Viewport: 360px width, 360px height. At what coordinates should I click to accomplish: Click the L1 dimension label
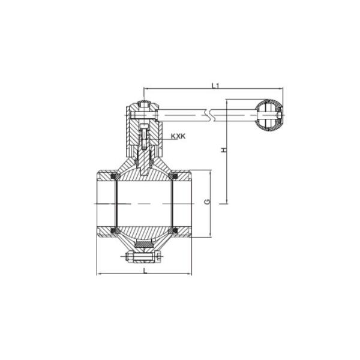tap(215, 86)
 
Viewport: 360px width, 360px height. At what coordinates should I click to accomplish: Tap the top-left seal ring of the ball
tap(115, 178)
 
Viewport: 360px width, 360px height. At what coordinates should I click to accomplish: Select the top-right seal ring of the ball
tap(175, 178)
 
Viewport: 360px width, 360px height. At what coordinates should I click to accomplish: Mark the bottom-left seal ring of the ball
tap(115, 230)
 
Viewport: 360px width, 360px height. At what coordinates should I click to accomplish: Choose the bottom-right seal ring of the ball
tap(175, 230)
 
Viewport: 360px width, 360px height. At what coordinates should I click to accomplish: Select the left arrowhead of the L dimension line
tap(99, 275)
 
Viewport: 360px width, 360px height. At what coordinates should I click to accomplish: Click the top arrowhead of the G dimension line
tap(211, 173)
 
